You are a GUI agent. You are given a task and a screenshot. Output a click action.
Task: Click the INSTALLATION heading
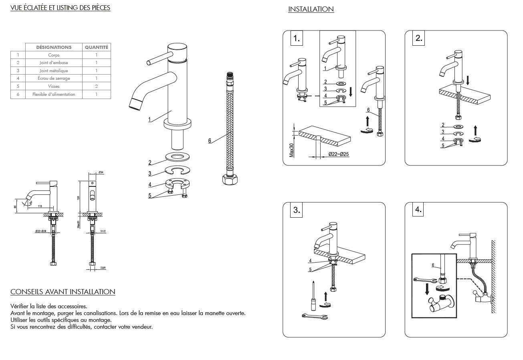coord(311,9)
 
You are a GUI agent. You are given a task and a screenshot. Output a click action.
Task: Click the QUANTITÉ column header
coord(96,47)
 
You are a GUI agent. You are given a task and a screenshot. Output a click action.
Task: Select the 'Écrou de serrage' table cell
coord(54,78)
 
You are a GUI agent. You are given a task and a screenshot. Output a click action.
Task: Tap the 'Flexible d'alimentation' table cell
coord(54,95)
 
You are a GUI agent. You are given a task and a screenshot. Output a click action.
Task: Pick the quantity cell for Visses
coord(96,86)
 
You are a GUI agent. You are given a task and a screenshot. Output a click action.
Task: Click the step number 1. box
coord(296,39)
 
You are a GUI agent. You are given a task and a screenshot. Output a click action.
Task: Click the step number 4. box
coord(418,210)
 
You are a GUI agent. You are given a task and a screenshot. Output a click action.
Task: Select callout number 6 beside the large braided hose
coord(209,141)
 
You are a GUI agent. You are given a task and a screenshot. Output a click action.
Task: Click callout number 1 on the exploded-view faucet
coord(149,119)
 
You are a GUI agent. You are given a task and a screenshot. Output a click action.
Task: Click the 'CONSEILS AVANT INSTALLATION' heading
coord(63,292)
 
